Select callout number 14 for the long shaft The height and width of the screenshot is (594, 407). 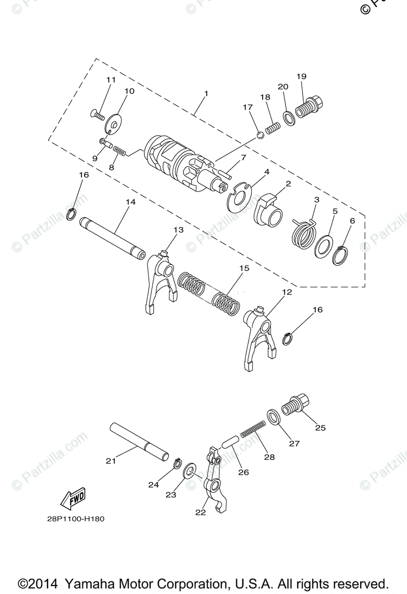pyautogui.click(x=130, y=202)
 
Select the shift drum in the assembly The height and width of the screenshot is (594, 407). pyautogui.click(x=179, y=161)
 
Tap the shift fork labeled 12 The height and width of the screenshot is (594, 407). pyautogui.click(x=259, y=337)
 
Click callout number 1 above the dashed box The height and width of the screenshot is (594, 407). pyautogui.click(x=206, y=93)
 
